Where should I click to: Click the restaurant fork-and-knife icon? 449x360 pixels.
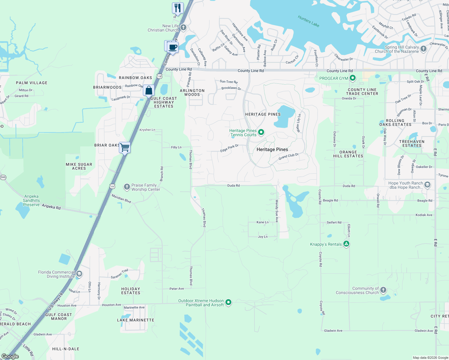[x=178, y=8]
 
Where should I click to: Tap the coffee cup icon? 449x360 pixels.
[x=173, y=47]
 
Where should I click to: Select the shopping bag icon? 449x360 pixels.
[x=149, y=90]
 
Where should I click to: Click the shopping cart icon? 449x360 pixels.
[x=125, y=147]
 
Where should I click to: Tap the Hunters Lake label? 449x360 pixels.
[x=308, y=21]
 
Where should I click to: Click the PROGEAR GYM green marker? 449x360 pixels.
[x=353, y=78]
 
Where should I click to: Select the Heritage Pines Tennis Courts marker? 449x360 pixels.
[x=261, y=132]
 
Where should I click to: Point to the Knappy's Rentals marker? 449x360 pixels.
[x=346, y=244]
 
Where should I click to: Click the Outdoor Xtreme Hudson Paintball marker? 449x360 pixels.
[x=228, y=302]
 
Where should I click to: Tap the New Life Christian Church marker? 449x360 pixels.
[x=183, y=28]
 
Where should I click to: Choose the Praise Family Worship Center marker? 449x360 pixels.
[x=127, y=187]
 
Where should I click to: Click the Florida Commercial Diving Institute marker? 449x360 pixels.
[x=79, y=274]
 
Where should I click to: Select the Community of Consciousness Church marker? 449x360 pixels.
[x=383, y=290]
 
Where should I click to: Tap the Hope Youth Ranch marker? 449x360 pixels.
[x=427, y=185]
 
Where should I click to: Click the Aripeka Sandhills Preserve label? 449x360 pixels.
[x=31, y=200]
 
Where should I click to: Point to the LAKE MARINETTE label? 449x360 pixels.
[x=135, y=320]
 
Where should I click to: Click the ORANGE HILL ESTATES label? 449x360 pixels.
[x=348, y=154]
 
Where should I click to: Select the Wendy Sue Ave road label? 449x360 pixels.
[x=277, y=211]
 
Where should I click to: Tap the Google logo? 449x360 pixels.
[x=10, y=356]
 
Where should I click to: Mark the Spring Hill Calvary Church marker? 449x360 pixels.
[x=423, y=49]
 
